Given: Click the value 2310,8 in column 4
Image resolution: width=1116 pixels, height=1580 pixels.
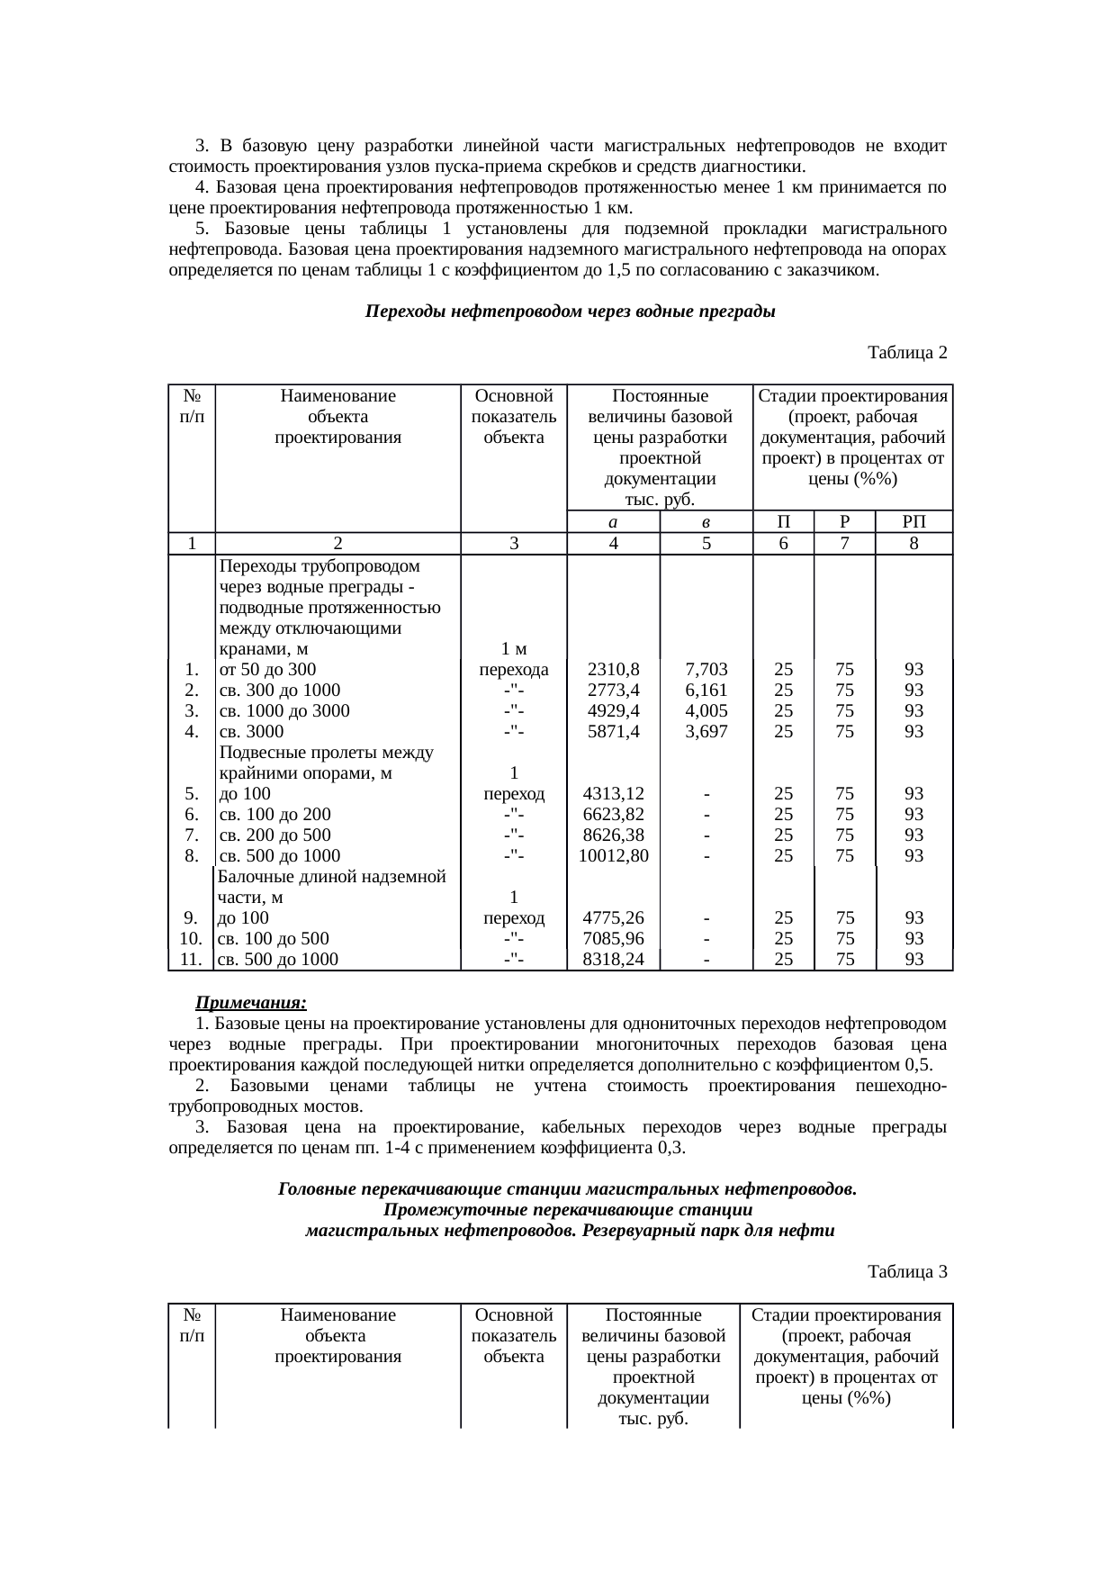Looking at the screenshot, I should pos(612,670).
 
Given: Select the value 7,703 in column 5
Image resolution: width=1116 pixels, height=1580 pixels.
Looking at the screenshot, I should pos(706,670).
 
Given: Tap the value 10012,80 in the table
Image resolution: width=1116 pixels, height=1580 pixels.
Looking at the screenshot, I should pos(612,856).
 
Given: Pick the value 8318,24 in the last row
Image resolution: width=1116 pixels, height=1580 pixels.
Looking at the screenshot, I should pos(612,960).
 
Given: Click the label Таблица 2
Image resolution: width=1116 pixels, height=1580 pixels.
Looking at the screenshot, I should pos(906,353).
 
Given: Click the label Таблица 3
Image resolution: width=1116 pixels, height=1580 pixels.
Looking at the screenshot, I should pos(906,1272).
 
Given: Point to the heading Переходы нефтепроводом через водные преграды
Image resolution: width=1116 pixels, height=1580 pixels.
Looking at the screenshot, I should pos(570,312).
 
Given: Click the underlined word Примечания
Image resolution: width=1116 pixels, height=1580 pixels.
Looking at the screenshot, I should pos(252,1003).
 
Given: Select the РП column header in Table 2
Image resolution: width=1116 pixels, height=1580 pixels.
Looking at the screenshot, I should pos(913,522).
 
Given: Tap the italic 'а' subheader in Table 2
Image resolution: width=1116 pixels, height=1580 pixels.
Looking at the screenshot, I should pos(612,522).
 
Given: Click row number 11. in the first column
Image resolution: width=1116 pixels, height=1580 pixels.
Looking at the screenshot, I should pos(190,960).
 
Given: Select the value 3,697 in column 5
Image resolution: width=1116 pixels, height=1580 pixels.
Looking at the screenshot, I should pos(706,732).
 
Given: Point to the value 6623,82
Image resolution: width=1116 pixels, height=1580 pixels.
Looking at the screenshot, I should pos(612,815).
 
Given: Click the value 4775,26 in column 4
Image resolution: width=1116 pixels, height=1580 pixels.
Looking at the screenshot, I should pos(612,918).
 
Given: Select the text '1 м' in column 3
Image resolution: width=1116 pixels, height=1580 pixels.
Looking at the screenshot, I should pos(513,649).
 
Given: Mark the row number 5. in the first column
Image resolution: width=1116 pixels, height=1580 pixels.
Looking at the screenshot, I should pos(191,794).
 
